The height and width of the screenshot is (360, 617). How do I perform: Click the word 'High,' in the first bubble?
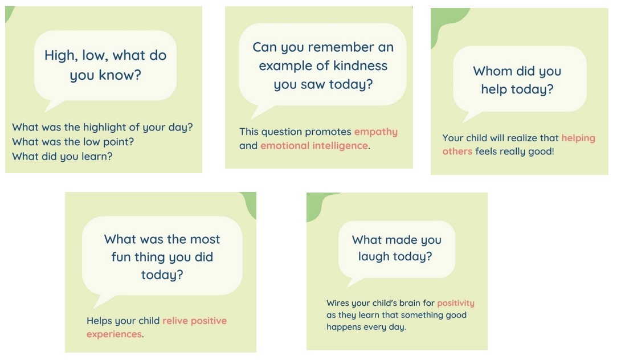point(61,55)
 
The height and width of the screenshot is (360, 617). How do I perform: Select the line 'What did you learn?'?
point(62,156)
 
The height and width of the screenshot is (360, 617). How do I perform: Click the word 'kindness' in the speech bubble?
point(360,66)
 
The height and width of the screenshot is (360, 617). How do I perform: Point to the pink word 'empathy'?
point(376,132)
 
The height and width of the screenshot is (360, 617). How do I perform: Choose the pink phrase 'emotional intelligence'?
point(314,146)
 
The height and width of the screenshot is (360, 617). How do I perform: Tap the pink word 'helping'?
point(578,138)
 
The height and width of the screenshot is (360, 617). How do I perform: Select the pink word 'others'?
point(457,152)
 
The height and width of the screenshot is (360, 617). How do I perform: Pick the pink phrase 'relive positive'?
point(194,321)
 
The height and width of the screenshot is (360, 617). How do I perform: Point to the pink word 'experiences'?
point(114,334)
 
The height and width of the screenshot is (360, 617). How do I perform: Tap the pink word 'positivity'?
point(456,304)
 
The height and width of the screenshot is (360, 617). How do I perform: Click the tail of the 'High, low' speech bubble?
point(53,105)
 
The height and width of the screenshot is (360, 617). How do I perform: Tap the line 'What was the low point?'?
point(73,142)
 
